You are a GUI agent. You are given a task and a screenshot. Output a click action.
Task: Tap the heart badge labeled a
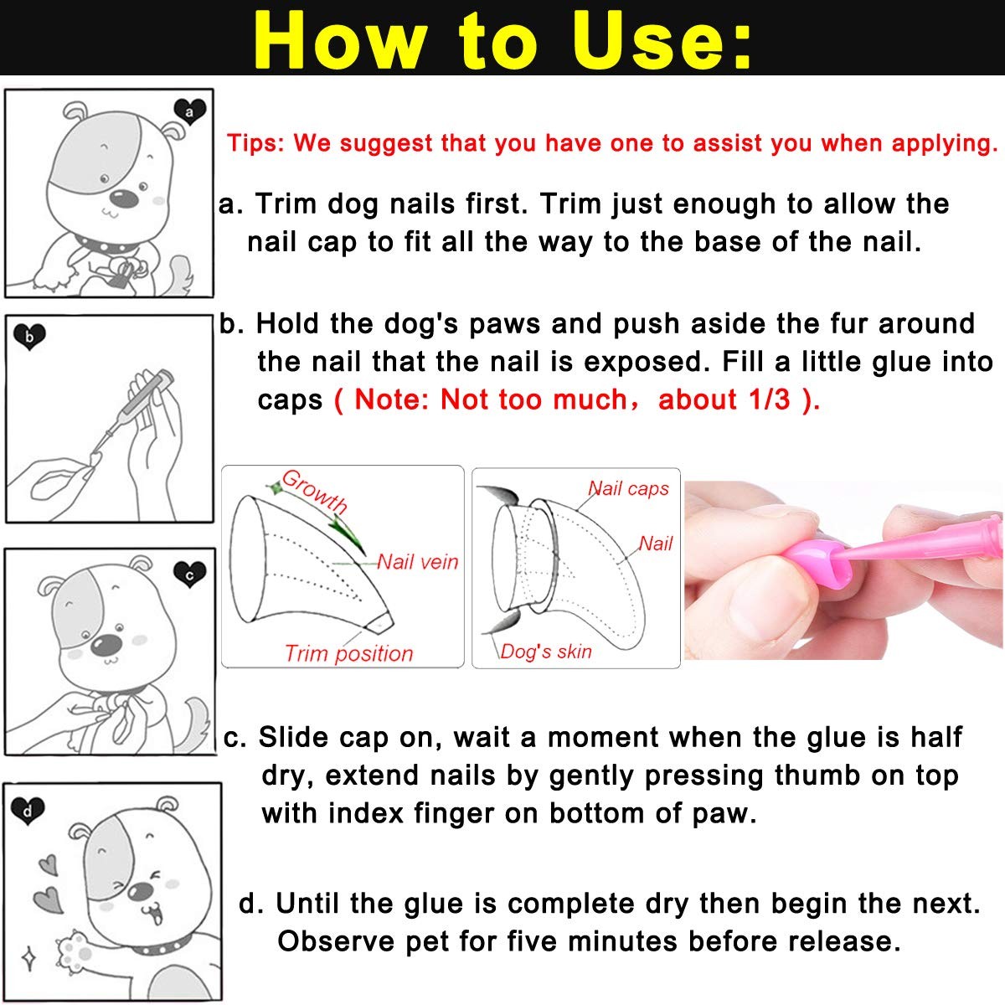pyautogui.click(x=190, y=111)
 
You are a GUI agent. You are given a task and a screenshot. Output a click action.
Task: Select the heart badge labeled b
pyautogui.click(x=29, y=337)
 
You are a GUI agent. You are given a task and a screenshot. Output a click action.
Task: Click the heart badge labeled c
pyautogui.click(x=190, y=574)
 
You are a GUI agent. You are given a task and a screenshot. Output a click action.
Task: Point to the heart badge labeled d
pyautogui.click(x=28, y=810)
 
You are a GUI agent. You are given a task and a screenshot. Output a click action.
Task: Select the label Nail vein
pyautogui.click(x=417, y=561)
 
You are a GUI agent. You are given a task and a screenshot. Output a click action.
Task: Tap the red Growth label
pyautogui.click(x=315, y=492)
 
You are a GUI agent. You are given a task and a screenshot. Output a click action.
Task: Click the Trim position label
pyautogui.click(x=348, y=653)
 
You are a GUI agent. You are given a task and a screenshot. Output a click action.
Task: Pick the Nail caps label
pyautogui.click(x=628, y=488)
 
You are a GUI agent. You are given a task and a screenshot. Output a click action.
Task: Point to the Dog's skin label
pyautogui.click(x=545, y=651)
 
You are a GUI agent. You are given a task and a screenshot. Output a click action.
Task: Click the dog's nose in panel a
pyautogui.click(x=124, y=198)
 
